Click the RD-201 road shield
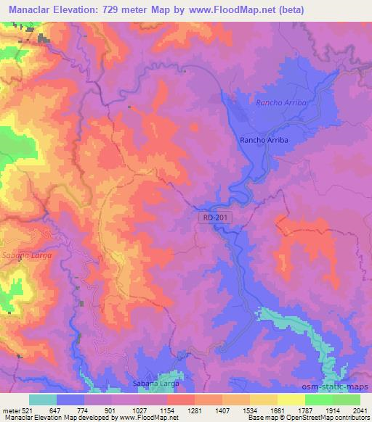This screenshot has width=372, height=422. [x=209, y=217]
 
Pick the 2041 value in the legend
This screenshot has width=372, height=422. [x=359, y=410]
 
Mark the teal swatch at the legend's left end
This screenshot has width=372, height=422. [x=43, y=400]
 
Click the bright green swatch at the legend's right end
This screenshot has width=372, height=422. [x=347, y=400]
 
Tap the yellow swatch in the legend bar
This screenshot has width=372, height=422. [x=291, y=400]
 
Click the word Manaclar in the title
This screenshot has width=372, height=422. [x=33, y=8]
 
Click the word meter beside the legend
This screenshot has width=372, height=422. [x=11, y=410]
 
